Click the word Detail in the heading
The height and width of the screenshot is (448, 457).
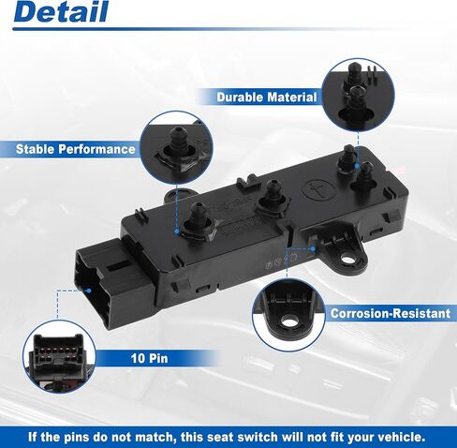point(61,12)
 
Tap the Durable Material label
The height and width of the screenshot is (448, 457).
point(267,97)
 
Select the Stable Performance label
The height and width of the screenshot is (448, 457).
point(76,149)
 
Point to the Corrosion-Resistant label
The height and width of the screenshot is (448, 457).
point(391,313)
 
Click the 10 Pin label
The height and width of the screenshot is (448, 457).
point(149,358)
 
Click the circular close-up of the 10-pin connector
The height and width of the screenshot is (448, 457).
point(59,357)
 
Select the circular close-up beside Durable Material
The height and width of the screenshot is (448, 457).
point(358,95)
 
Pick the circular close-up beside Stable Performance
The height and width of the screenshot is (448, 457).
point(177,147)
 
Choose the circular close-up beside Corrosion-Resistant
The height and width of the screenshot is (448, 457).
point(288,315)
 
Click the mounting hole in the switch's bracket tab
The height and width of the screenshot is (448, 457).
point(347,259)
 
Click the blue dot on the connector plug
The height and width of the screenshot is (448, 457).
point(89,291)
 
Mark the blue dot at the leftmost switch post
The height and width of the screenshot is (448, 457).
point(177,231)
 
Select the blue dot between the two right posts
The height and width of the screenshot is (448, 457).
point(358,167)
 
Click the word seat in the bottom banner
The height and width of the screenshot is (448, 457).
point(221,437)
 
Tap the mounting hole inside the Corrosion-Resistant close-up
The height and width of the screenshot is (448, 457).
point(289,320)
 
